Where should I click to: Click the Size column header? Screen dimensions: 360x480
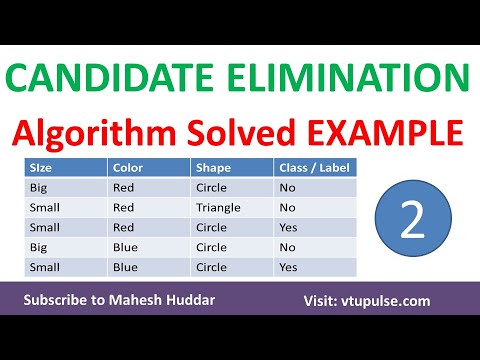click(x=41, y=167)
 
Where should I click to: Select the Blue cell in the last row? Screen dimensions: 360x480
click(x=124, y=267)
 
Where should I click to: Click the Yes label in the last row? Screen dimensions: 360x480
click(x=289, y=267)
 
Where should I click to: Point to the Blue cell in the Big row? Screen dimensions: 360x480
click(x=124, y=247)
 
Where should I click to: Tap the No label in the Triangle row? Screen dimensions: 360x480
click(x=288, y=208)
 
